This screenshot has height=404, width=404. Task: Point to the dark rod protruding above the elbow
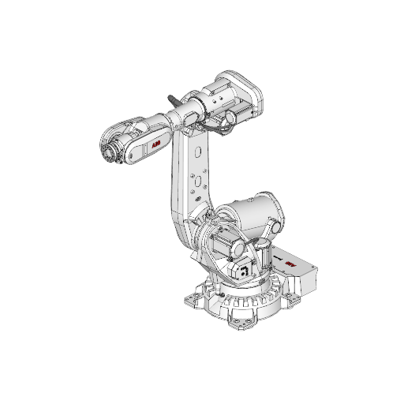pyautogui.click(x=173, y=100)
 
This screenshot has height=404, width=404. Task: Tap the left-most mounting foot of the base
pyautogui.click(x=193, y=301)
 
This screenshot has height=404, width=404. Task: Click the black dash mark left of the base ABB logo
pyautogui.click(x=277, y=259)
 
